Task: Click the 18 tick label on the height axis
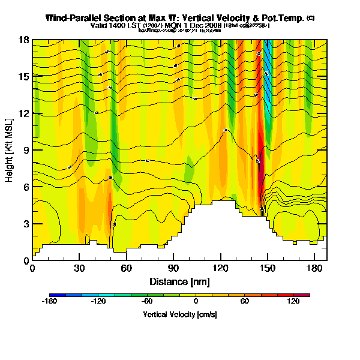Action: [x=24, y=40]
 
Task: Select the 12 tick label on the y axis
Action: [x=24, y=113]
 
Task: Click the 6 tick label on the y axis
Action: [x=26, y=187]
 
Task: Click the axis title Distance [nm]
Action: [x=179, y=281]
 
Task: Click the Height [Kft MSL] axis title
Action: [x=10, y=149]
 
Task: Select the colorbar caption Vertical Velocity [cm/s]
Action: [x=179, y=314]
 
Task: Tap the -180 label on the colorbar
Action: [x=50, y=302]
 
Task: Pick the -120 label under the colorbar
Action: [x=98, y=302]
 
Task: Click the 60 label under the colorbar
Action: [x=245, y=302]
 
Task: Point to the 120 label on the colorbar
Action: [x=293, y=302]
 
